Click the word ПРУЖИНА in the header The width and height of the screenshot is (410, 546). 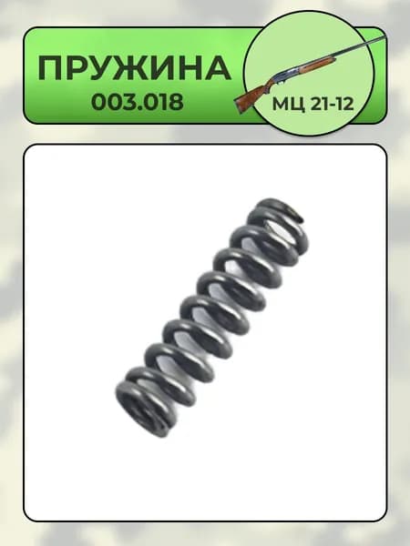pos(135,68)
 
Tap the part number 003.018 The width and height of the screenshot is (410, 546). pos(138,102)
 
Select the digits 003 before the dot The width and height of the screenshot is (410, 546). pos(112,102)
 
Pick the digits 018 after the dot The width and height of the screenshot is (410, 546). pos(162,102)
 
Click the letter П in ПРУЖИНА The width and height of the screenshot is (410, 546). pos(50,68)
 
